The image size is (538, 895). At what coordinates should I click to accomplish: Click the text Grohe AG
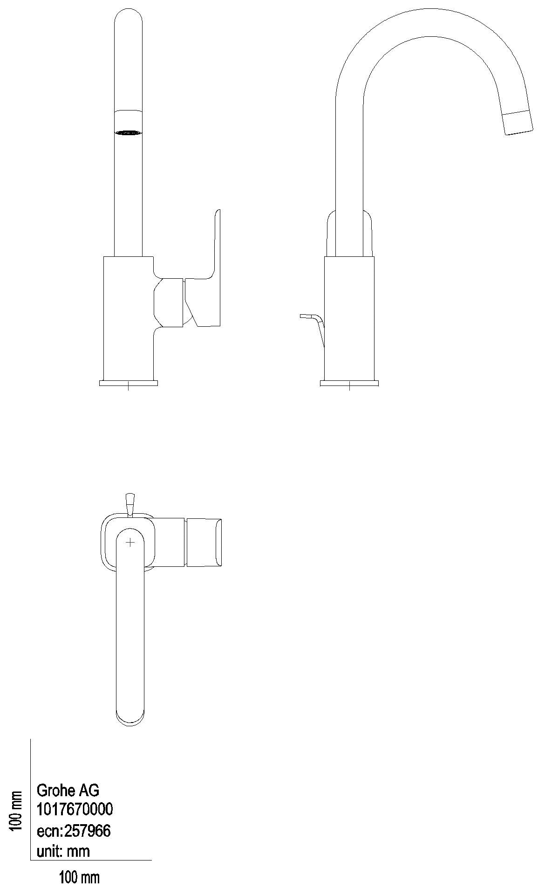(68, 790)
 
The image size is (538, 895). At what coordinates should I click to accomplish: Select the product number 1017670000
(75, 809)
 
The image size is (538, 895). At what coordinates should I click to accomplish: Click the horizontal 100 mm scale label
(79, 878)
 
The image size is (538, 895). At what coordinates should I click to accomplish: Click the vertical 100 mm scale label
(17, 811)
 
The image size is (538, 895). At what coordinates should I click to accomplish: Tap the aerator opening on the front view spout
(128, 133)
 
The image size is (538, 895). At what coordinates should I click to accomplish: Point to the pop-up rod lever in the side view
(314, 324)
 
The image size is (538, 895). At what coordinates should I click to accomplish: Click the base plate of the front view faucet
(129, 384)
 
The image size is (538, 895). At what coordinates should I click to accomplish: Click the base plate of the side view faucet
(349, 384)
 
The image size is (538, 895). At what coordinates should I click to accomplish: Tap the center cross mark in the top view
(130, 542)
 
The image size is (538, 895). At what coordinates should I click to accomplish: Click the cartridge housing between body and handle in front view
(169, 302)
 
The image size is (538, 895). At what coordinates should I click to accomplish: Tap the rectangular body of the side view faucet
(349, 317)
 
